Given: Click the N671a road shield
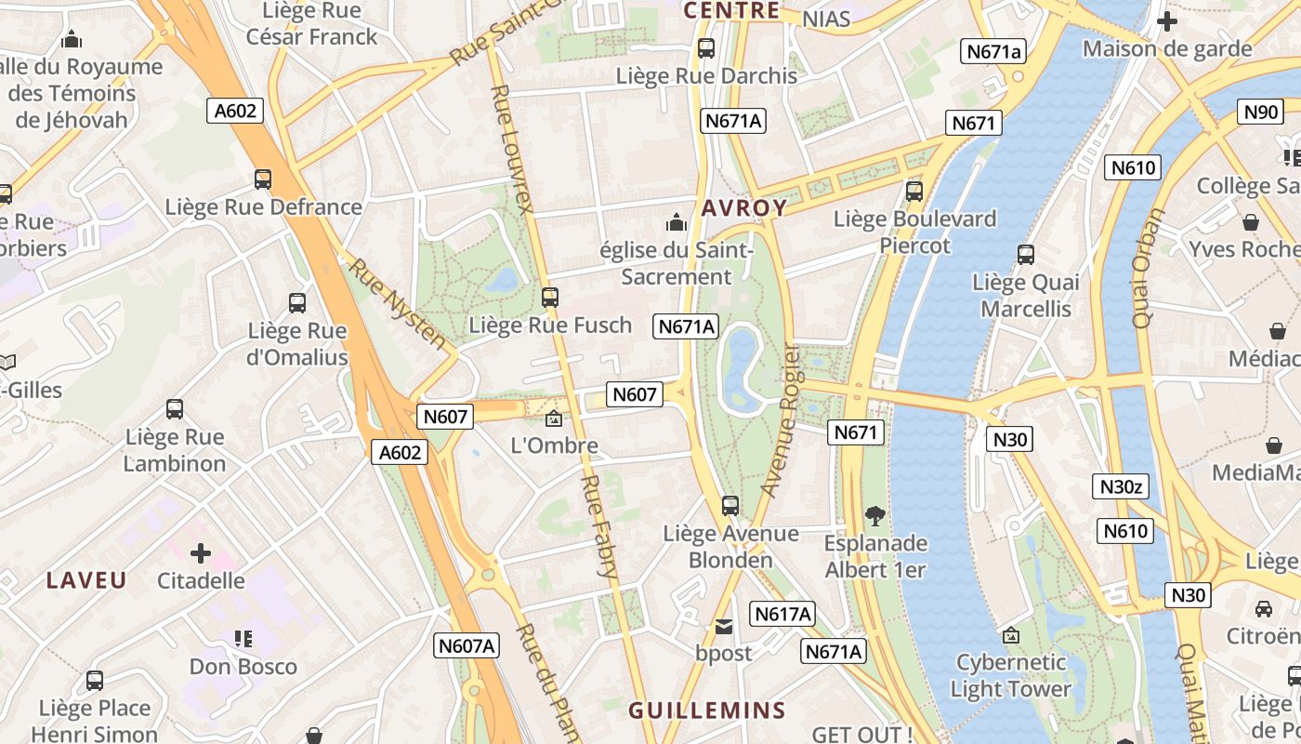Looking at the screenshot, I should click(994, 52).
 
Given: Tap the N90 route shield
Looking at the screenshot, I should click(1261, 113).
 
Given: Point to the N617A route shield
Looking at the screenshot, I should click(783, 614).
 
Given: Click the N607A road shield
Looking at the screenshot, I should click(467, 645).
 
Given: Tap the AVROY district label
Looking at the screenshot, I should click(744, 208).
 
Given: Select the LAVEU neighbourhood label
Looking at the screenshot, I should click(86, 580).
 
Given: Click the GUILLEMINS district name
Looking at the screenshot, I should click(707, 711).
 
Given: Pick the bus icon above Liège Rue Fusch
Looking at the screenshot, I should click(550, 298).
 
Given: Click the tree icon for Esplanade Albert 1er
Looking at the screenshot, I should click(874, 515).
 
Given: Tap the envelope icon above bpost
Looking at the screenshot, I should click(724, 627).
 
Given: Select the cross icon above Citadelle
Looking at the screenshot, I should click(201, 554).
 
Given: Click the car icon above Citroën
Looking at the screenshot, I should click(1264, 609).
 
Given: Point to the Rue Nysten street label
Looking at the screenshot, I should click(397, 303).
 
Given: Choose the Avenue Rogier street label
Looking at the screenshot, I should click(780, 420).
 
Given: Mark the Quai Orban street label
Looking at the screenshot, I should click(1149, 268).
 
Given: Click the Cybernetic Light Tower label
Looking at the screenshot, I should click(1011, 676).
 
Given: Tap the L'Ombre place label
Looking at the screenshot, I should click(555, 445).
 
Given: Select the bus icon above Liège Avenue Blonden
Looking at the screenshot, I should click(730, 506).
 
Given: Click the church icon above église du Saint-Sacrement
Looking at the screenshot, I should click(677, 222).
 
